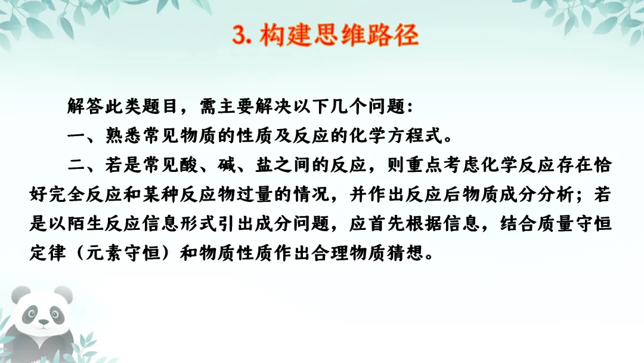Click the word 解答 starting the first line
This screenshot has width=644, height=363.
pyautogui.click(x=85, y=108)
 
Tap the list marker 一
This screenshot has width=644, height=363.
pyautogui.click(x=75, y=137)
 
